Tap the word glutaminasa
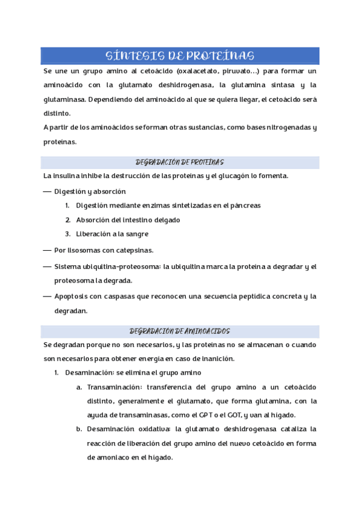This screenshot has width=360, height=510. point(64,99)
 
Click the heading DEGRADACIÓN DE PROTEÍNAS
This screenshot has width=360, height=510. point(180,162)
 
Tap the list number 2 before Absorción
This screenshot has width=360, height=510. point(68,220)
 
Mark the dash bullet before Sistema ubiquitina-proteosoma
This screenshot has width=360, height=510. point(47,266)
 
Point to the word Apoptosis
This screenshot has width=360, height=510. point(72,296)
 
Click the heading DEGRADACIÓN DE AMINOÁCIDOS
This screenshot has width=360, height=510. point(180,331)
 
